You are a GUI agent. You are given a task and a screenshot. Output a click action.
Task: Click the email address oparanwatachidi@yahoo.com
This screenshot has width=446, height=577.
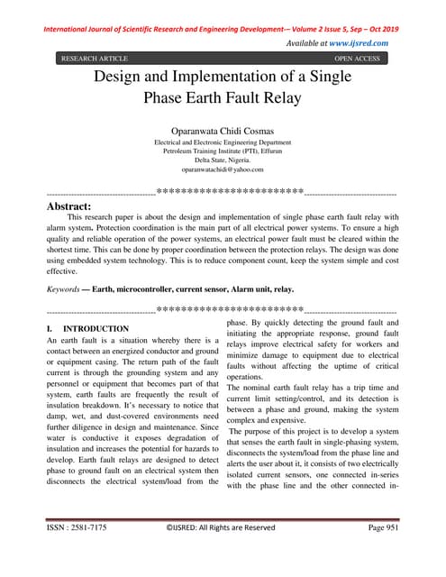coord(223,169)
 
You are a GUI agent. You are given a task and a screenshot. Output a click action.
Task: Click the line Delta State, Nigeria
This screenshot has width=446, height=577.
coord(223,160)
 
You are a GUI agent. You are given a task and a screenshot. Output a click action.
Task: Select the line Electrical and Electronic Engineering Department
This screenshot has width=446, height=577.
coord(223,142)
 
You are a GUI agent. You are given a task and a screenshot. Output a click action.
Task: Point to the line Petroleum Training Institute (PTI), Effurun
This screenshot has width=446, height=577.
coord(223,151)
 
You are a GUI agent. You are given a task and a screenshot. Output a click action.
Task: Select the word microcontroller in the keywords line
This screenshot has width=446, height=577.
coord(160,288)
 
